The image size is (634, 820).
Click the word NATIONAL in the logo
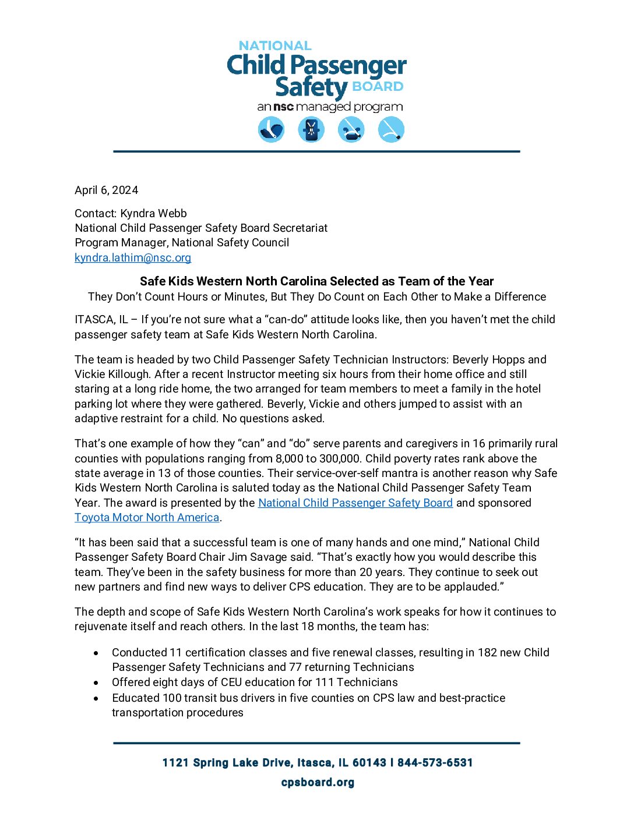275,45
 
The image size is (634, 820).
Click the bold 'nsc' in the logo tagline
283,107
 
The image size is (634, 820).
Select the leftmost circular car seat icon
271,129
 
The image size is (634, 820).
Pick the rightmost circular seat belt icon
391,129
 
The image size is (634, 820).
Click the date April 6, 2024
106,190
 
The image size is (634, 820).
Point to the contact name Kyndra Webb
153,213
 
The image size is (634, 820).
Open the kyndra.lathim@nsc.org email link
133,257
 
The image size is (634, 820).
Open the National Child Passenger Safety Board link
355,503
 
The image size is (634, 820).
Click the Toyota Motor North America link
147,517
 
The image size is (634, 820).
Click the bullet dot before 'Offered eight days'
96,682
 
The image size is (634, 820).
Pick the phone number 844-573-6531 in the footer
435,762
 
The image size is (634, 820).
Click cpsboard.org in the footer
318,782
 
